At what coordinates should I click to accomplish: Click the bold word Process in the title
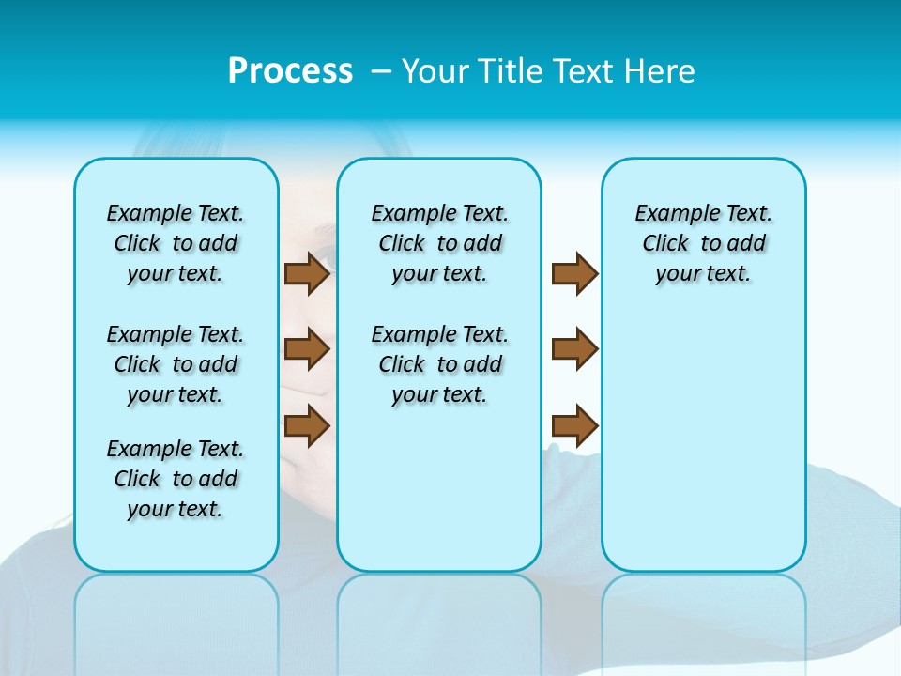(x=290, y=71)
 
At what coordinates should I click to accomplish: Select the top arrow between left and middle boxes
(x=307, y=273)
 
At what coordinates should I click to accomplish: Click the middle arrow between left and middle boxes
(x=307, y=349)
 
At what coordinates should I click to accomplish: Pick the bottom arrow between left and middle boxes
(x=307, y=425)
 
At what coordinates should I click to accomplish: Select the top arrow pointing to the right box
(x=574, y=273)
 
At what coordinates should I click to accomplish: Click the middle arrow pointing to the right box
(x=574, y=349)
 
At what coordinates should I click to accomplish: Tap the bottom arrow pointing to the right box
(x=574, y=425)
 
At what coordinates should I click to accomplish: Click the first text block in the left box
(x=176, y=243)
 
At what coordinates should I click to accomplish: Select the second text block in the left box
(x=176, y=364)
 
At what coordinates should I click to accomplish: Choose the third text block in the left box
(x=176, y=479)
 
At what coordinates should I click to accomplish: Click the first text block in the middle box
(x=439, y=243)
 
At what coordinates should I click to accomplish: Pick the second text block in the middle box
(x=439, y=364)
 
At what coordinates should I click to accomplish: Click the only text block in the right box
(x=703, y=243)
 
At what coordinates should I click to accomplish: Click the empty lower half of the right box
(x=703, y=451)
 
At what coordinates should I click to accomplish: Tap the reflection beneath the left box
(x=176, y=610)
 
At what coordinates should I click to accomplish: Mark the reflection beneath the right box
(x=703, y=610)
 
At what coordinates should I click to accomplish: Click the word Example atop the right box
(x=669, y=214)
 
